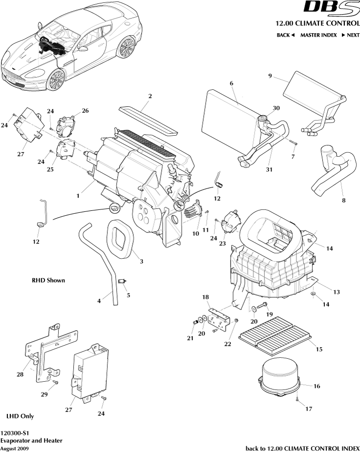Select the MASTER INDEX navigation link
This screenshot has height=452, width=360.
point(318,35)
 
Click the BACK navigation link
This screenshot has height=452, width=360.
point(285,35)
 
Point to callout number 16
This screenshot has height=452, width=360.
point(317,386)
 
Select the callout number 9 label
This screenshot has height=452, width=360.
point(270,76)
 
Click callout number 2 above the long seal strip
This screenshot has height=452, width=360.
point(150,96)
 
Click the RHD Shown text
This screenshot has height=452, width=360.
point(48,280)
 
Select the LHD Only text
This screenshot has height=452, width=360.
point(20,416)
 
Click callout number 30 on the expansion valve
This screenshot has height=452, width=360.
point(276,108)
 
